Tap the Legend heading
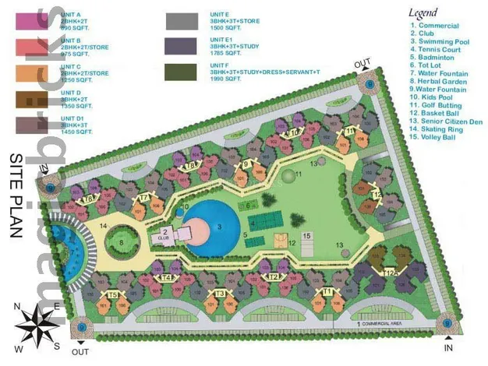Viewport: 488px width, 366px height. coord(423,12)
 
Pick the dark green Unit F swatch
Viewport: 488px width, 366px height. coord(182,72)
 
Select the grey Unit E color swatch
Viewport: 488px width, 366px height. coord(182,21)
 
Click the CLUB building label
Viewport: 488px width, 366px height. coord(165,237)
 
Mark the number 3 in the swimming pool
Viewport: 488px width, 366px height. coord(219,227)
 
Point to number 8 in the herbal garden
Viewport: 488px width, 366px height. coord(122,242)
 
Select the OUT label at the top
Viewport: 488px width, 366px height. coord(362,63)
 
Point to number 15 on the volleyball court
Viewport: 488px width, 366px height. coord(306,236)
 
